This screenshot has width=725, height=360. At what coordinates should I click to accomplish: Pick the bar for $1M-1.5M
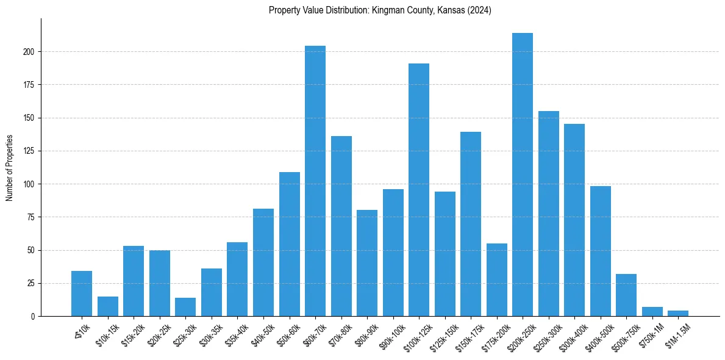[x=678, y=314]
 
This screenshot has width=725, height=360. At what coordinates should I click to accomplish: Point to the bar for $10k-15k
[x=108, y=306]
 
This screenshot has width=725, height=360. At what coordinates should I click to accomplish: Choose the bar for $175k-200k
[x=497, y=280]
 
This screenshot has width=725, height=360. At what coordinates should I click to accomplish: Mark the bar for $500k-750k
[x=626, y=295]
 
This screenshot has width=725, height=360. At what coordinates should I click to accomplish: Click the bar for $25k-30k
[x=185, y=307]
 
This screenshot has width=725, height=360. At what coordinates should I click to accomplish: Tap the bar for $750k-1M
[x=652, y=312]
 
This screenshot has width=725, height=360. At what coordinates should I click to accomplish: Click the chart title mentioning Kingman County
[x=380, y=10]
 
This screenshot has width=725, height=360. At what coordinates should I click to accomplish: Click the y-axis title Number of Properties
[x=10, y=168]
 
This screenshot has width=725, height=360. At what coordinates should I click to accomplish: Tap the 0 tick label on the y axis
[x=34, y=317]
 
